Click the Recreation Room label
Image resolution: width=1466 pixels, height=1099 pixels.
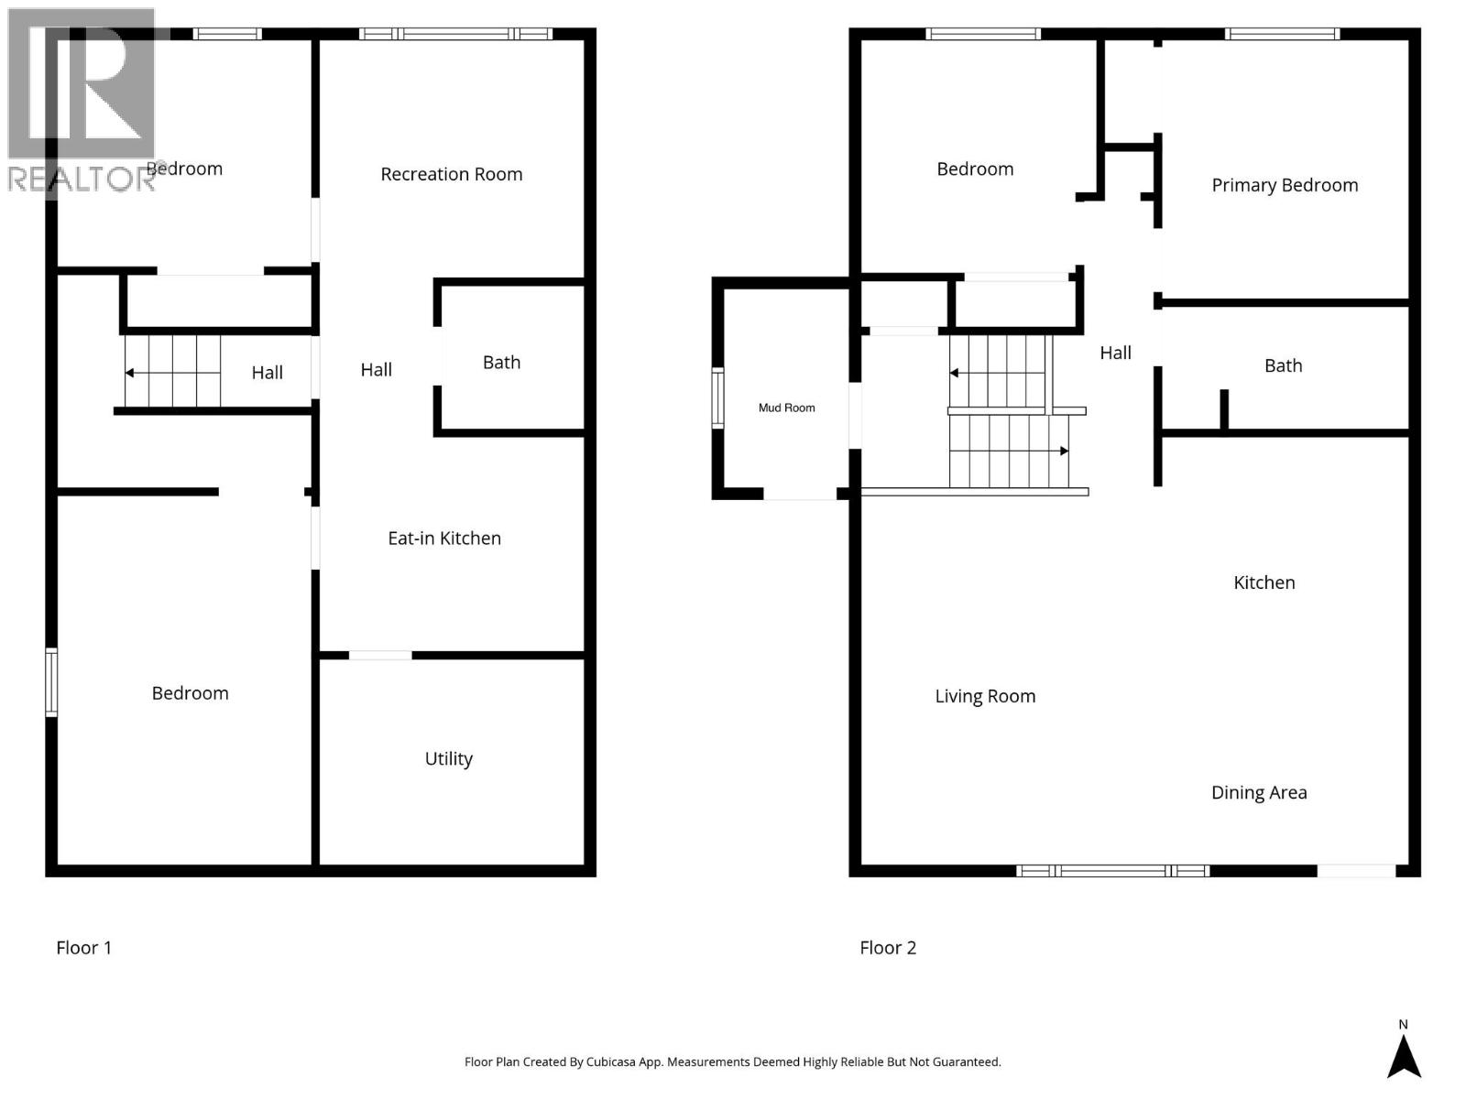pyautogui.click(x=451, y=174)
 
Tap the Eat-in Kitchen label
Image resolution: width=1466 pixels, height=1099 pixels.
pyautogui.click(x=444, y=539)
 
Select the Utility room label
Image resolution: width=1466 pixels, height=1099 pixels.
pyautogui.click(x=448, y=758)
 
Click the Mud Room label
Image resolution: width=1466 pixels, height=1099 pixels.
pyautogui.click(x=786, y=408)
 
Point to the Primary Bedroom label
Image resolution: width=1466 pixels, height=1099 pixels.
pyautogui.click(x=1285, y=185)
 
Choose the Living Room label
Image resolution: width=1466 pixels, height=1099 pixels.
pyautogui.click(x=985, y=696)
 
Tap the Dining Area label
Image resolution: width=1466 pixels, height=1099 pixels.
pyautogui.click(x=1259, y=792)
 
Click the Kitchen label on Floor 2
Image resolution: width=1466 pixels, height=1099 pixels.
pyautogui.click(x=1264, y=582)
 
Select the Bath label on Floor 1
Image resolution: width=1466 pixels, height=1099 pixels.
pyautogui.click(x=501, y=363)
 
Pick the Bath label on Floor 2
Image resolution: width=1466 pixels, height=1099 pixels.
pyautogui.click(x=1283, y=365)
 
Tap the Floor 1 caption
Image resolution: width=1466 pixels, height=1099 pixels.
pyautogui.click(x=83, y=948)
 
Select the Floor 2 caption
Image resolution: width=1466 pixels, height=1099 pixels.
pyautogui.click(x=888, y=948)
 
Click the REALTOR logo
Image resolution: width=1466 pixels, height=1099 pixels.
pyautogui.click(x=82, y=101)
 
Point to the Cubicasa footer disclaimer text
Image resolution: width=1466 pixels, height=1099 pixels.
pyautogui.click(x=732, y=1061)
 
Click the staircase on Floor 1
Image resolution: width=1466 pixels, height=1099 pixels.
pyautogui.click(x=172, y=372)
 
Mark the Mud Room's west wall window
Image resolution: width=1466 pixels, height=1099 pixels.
pyautogui.click(x=718, y=397)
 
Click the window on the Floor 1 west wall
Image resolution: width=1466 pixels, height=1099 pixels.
pyautogui.click(x=51, y=682)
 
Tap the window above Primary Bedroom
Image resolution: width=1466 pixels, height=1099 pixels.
pyautogui.click(x=1282, y=35)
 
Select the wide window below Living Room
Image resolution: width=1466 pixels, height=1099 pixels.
pyautogui.click(x=1112, y=871)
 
